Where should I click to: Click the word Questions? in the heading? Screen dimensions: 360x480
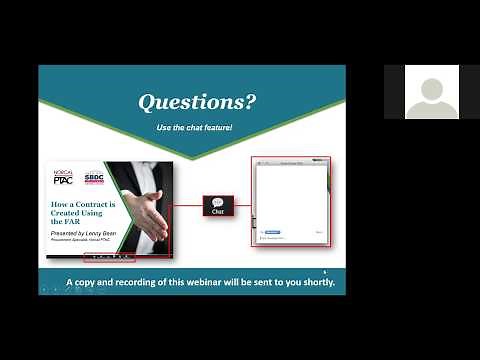[196, 102]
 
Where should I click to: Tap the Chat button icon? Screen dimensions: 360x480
[218, 205]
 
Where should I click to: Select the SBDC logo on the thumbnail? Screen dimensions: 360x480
[94, 177]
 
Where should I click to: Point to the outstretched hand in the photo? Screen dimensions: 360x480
[149, 216]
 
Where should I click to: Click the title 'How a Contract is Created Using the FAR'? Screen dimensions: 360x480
[78, 212]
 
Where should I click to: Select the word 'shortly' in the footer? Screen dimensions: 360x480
[313, 282]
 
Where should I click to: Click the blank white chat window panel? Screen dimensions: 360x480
[290, 195]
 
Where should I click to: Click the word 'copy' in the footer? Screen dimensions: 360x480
[88, 282]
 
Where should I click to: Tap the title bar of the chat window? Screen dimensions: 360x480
[290, 161]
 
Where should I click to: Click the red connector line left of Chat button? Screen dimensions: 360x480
[186, 206]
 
